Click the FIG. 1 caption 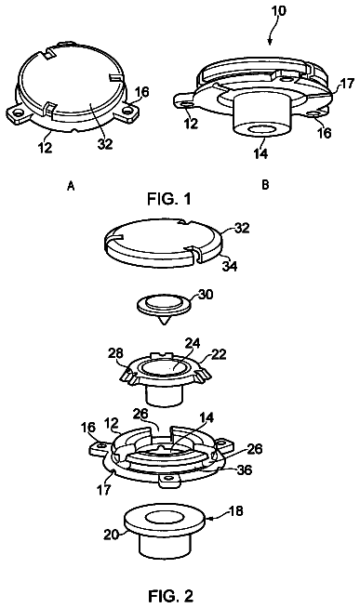pyautogui.click(x=169, y=199)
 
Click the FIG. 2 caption pyautogui.click(x=171, y=595)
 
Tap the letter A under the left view pyautogui.click(x=71, y=187)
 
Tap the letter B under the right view pyautogui.click(x=265, y=185)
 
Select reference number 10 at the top pyautogui.click(x=278, y=10)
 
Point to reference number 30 pyautogui.click(x=206, y=295)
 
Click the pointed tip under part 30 pyautogui.click(x=164, y=324)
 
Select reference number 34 pyautogui.click(x=230, y=266)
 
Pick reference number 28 pyautogui.click(x=116, y=353)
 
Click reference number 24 pyautogui.click(x=193, y=343)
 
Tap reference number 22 pyautogui.click(x=219, y=354)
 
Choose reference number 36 pyautogui.click(x=244, y=469)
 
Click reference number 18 pyautogui.click(x=236, y=510)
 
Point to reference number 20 pyautogui.click(x=111, y=535)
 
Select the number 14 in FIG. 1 pyautogui.click(x=260, y=153)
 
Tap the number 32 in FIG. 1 pyautogui.click(x=105, y=143)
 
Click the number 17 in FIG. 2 pyautogui.click(x=103, y=489)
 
